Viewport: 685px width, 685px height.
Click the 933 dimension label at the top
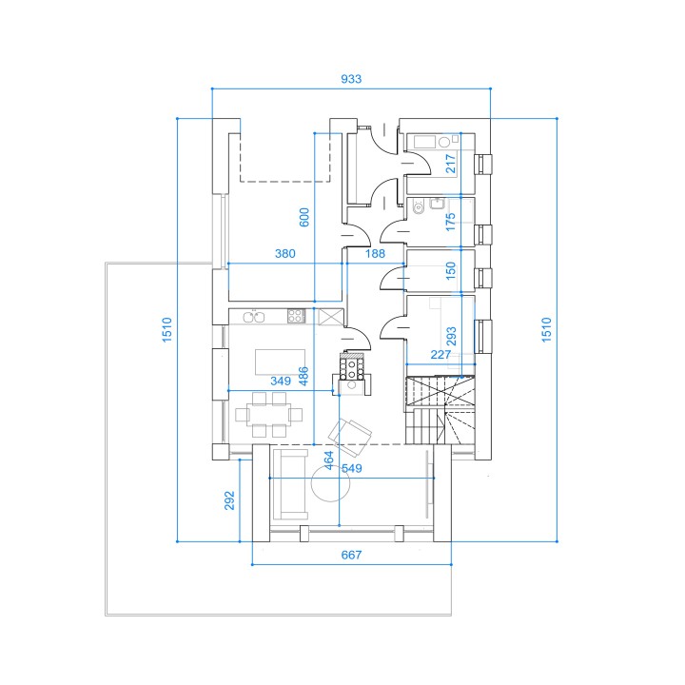(x=351, y=79)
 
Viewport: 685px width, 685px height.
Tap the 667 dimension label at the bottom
(x=351, y=555)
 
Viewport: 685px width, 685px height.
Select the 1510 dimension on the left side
(x=166, y=330)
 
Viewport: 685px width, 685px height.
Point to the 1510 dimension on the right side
(x=546, y=330)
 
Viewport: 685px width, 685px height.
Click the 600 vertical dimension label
(x=304, y=217)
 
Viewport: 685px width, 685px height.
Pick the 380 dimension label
(x=284, y=253)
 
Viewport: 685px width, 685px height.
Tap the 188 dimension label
(x=375, y=253)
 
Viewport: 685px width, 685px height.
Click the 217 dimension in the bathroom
(x=450, y=164)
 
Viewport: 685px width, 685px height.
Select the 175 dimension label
(x=450, y=222)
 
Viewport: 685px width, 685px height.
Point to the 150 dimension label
(x=450, y=271)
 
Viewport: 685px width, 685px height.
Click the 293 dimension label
(x=451, y=336)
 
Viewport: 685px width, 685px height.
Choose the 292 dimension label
(x=229, y=500)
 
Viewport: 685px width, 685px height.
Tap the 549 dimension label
(x=352, y=468)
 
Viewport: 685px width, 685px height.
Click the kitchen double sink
(x=253, y=316)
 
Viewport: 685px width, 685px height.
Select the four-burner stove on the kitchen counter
(x=296, y=316)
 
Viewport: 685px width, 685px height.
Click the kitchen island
(x=280, y=362)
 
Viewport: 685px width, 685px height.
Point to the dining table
(x=268, y=414)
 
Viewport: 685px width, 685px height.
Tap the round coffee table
(x=331, y=482)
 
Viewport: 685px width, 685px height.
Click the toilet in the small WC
(x=419, y=207)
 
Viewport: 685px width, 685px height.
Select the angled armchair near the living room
(x=350, y=436)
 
